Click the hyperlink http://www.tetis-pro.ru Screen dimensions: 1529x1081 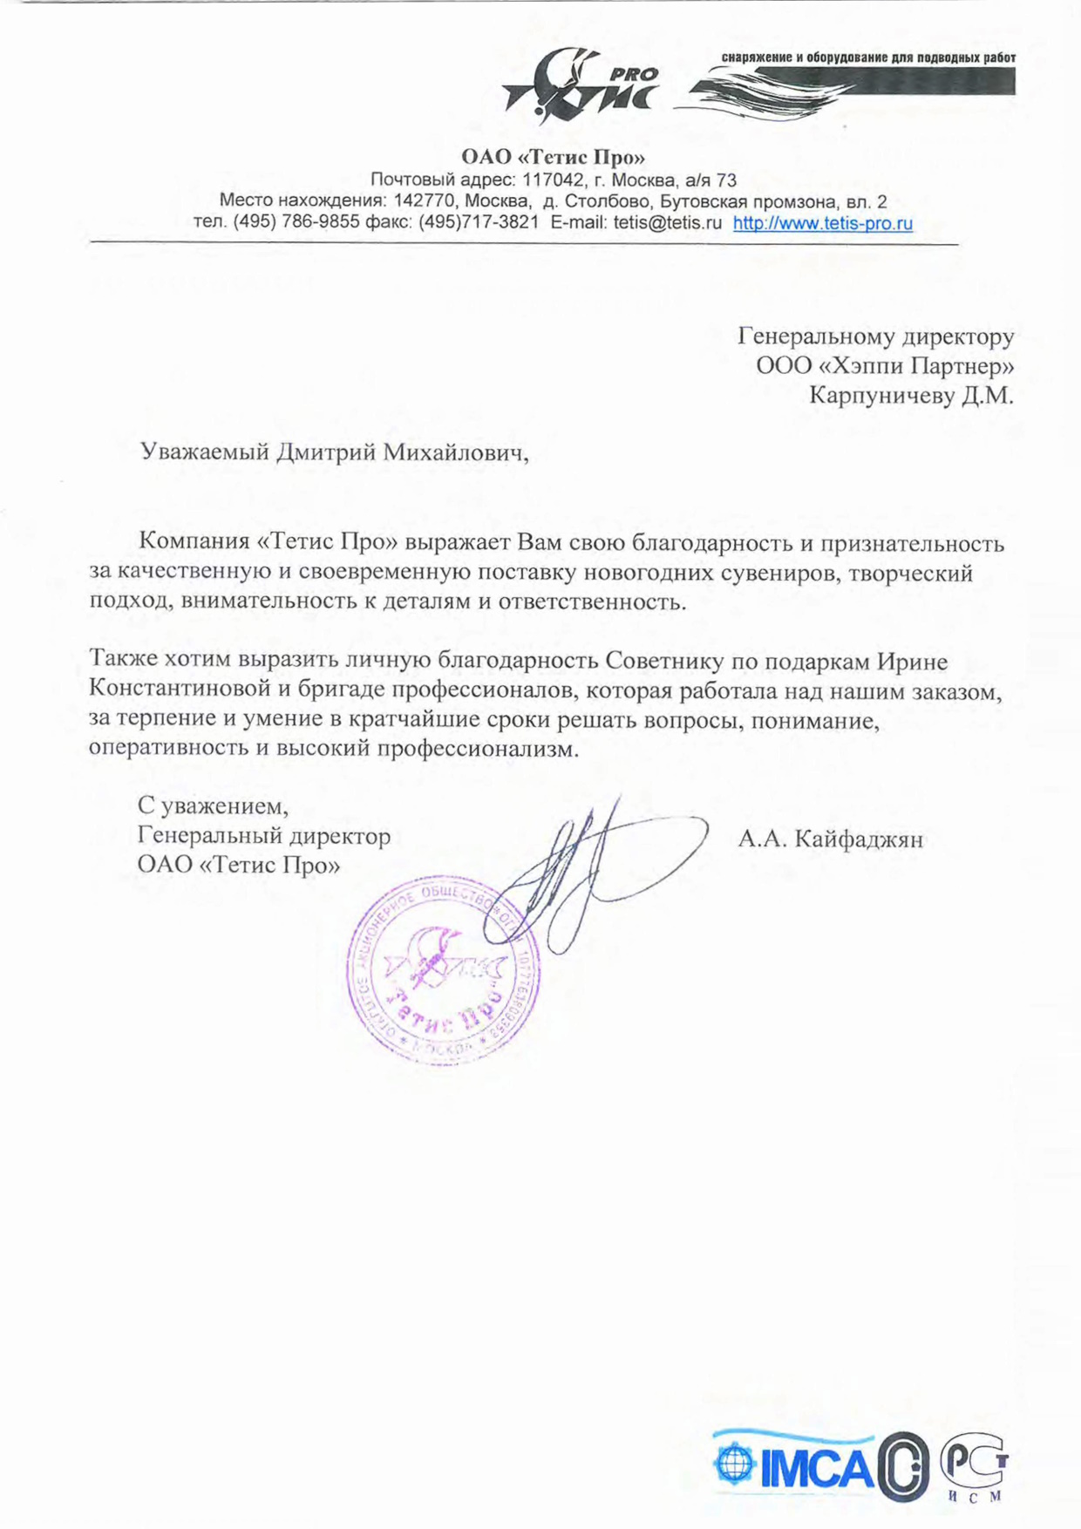coord(822,223)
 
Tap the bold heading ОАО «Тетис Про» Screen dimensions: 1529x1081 coord(553,158)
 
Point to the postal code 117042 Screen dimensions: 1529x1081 coord(553,180)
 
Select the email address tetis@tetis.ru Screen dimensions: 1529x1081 coord(667,223)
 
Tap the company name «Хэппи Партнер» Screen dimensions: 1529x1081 coord(915,365)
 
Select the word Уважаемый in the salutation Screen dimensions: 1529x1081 coord(204,452)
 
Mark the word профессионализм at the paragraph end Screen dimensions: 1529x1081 coord(477,749)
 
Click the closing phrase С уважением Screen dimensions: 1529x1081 coord(213,805)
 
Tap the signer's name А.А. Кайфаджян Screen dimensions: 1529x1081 coord(830,839)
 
